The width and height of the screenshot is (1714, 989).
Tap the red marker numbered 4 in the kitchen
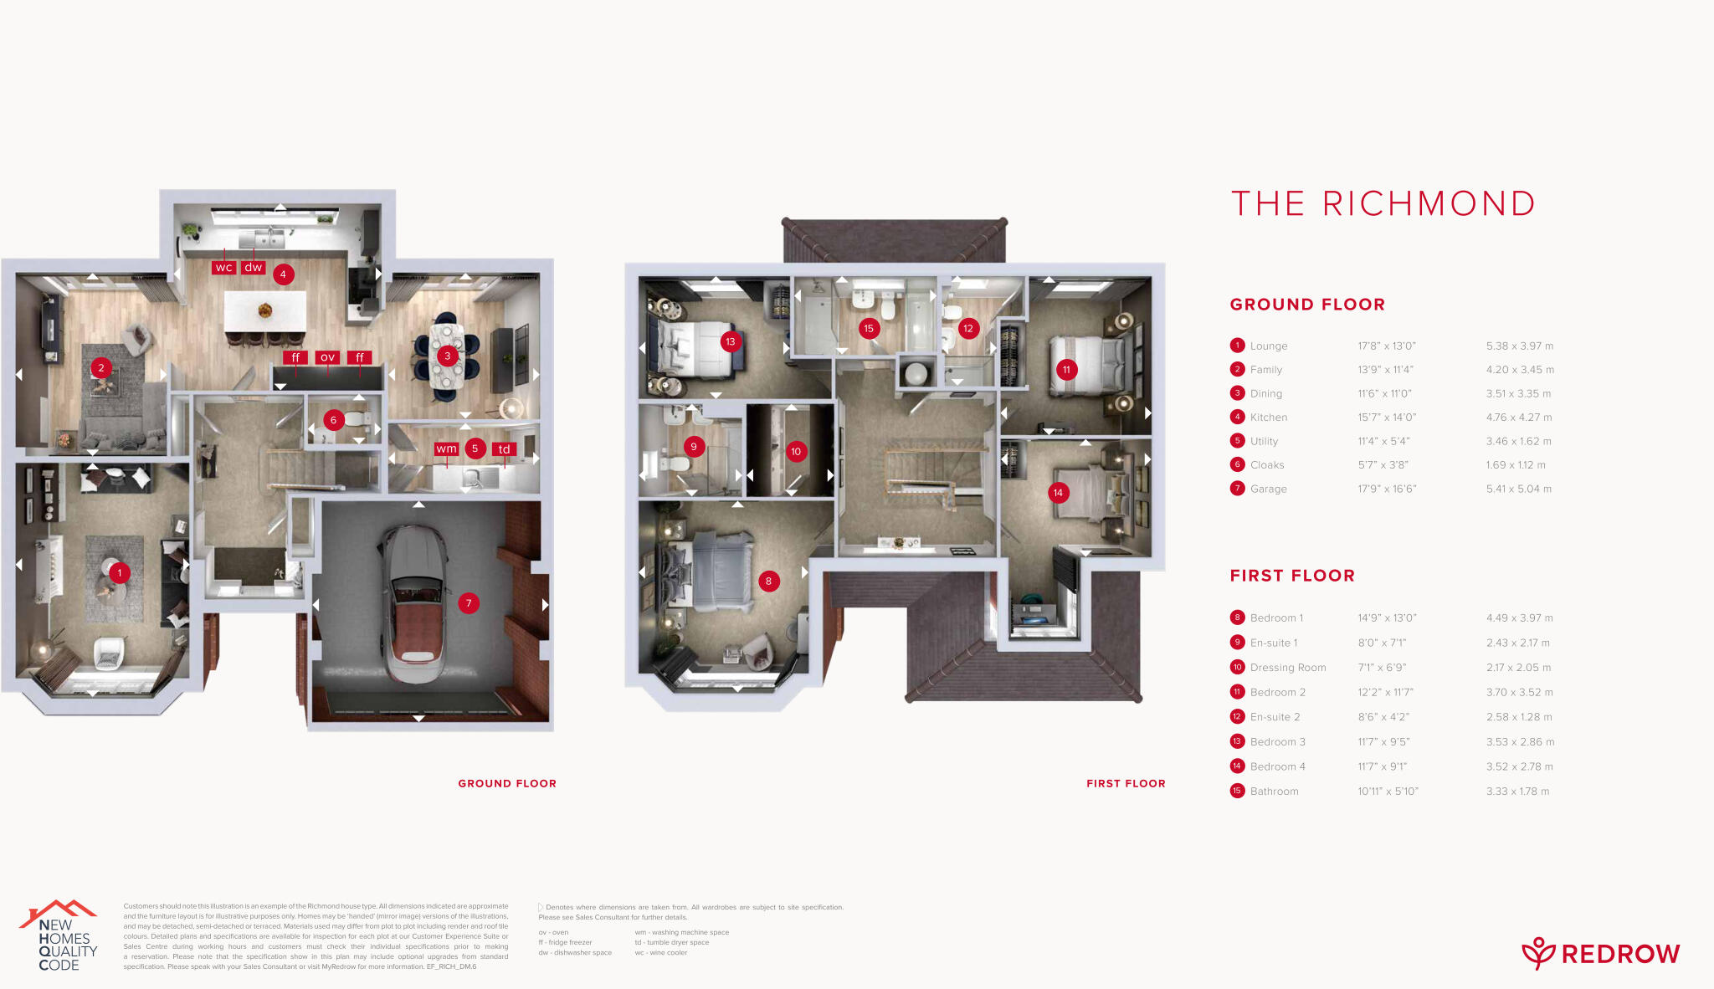pos(283,274)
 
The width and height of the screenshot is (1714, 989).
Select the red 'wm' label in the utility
pos(446,449)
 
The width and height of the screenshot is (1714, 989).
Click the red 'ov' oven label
pos(327,357)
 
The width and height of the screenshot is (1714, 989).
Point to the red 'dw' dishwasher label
pos(253,268)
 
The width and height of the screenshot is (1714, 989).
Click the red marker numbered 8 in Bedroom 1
pos(768,582)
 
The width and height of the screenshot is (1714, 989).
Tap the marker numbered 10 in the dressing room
pos(796,452)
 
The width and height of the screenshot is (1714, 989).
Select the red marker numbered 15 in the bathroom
pos(869,329)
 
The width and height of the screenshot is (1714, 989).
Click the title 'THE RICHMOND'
pos(1383,204)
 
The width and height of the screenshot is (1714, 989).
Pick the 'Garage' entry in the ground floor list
pos(1268,489)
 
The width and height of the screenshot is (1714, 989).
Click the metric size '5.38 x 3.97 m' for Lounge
pos(1519,346)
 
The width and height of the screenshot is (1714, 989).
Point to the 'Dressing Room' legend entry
pos(1287,668)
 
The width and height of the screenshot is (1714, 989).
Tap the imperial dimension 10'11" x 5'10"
pos(1388,792)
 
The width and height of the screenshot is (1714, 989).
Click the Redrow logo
pos(1600,954)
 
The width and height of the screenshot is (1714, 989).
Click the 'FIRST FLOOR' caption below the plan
pos(1126,784)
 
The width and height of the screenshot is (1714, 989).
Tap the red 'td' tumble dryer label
pos(504,449)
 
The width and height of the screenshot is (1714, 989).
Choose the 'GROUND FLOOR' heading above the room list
pos(1307,305)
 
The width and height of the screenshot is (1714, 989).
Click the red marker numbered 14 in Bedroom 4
pos(1058,493)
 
